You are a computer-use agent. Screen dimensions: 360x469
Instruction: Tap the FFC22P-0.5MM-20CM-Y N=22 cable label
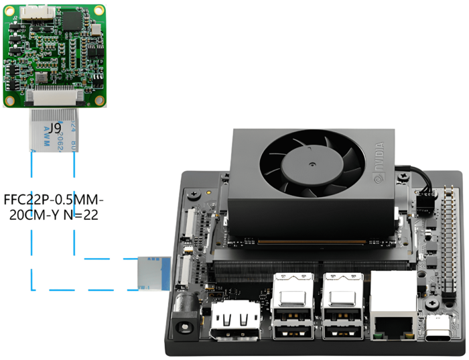(54, 208)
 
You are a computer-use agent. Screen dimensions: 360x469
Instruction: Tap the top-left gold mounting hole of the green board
(11, 10)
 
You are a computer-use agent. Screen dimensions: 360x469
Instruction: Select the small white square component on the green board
(98, 31)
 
